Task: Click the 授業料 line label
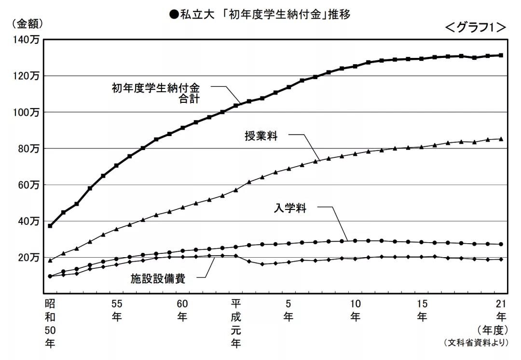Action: tap(261, 136)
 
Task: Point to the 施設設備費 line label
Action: tap(158, 278)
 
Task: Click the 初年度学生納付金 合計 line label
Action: tap(155, 93)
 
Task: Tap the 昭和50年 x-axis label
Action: tap(50, 323)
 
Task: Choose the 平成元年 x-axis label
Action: tap(236, 323)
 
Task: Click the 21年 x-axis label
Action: tap(501, 310)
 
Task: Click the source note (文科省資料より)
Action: tap(475, 343)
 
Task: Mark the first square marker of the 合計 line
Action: tap(50, 226)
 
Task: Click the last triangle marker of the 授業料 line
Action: tap(501, 139)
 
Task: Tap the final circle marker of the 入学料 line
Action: tap(501, 244)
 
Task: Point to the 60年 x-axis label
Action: tap(182, 310)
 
